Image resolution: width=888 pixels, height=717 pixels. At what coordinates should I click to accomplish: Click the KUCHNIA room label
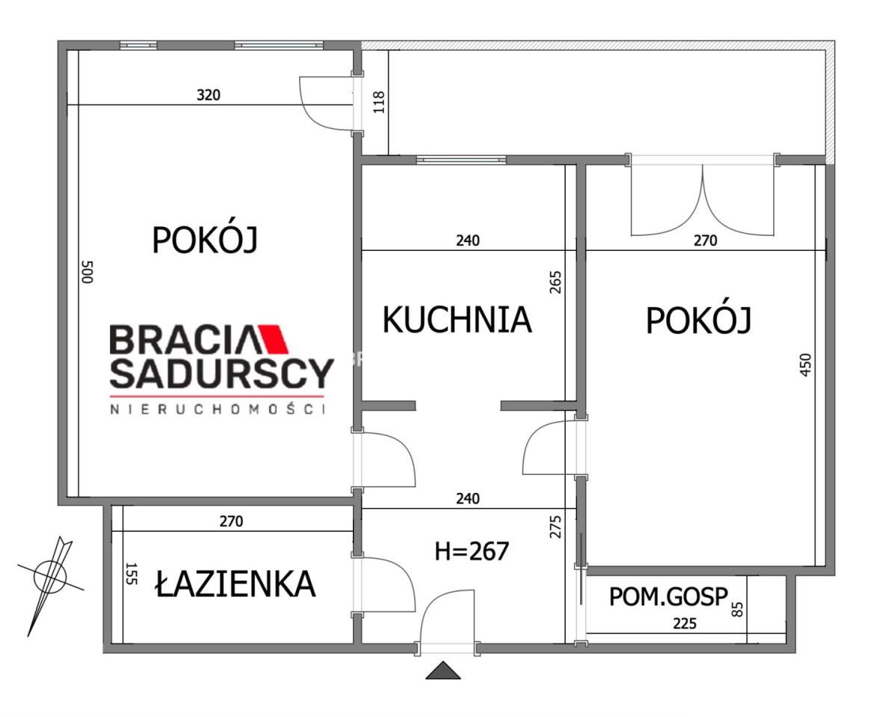457,320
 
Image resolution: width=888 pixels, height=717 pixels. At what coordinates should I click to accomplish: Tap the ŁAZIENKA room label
235,584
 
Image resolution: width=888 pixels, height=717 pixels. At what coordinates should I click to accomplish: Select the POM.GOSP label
668,597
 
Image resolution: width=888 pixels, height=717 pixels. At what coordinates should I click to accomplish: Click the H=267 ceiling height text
472,552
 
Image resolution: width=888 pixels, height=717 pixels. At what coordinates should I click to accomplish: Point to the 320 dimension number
209,95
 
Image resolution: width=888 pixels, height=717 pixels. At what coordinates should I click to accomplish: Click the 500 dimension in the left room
87,272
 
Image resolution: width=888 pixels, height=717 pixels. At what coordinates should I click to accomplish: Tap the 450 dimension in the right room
805,365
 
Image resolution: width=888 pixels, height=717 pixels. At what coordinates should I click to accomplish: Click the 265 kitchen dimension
555,282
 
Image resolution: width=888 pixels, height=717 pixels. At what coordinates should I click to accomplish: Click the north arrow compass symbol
49,576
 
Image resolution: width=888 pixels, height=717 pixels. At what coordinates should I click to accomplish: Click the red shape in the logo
273,338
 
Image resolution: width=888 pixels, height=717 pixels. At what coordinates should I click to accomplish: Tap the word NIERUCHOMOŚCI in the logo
218,409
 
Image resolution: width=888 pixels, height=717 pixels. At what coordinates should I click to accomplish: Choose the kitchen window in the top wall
460,160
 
